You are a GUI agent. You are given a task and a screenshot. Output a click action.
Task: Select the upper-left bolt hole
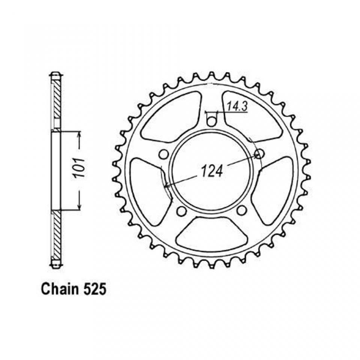(164, 154)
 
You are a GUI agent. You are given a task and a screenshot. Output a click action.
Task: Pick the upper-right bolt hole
(259, 154)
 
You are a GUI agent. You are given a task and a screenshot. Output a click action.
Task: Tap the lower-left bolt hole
(182, 210)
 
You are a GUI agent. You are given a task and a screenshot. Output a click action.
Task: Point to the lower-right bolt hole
(241, 210)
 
